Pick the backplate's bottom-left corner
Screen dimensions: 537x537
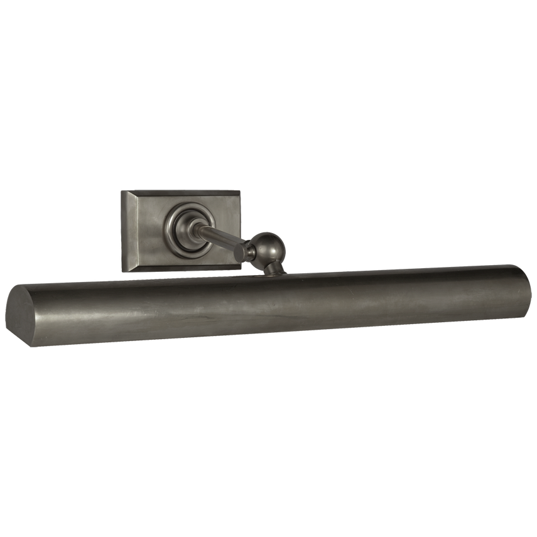tap(124, 273)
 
